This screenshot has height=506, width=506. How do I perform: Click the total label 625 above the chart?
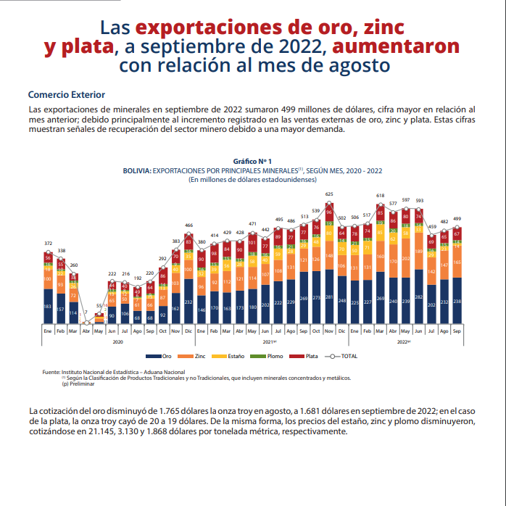(x=329, y=194)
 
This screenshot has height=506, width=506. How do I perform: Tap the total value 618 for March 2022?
(x=380, y=196)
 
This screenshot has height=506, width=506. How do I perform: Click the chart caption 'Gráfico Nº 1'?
(x=252, y=160)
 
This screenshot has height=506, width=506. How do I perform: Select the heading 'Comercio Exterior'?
(x=66, y=95)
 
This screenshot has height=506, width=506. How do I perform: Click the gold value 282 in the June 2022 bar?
(x=418, y=297)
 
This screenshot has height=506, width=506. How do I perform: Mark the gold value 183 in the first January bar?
(x=48, y=307)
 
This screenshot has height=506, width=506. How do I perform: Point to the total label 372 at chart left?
(x=48, y=243)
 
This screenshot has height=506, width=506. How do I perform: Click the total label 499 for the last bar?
(x=457, y=218)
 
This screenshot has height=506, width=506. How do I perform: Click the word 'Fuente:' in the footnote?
(x=50, y=372)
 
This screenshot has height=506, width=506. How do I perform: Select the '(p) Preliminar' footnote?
(x=77, y=383)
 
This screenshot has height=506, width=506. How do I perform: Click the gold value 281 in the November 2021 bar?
(x=329, y=297)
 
